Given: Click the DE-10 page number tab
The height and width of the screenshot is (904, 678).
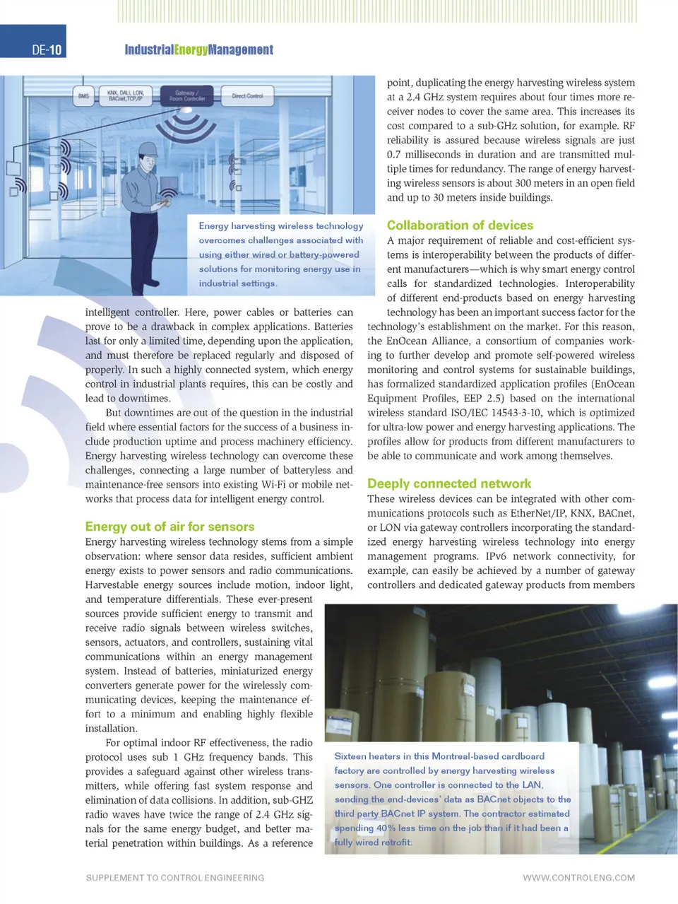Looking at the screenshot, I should [x=47, y=49].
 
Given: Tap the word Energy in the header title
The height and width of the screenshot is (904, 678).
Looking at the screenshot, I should [x=191, y=49].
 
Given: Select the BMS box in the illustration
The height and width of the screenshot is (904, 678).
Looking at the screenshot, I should [x=83, y=96].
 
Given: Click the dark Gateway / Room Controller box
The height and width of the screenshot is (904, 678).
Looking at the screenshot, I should [x=186, y=95].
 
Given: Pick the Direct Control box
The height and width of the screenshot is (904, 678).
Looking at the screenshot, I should [x=247, y=95].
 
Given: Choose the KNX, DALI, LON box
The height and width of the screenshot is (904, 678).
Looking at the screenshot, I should [x=125, y=95].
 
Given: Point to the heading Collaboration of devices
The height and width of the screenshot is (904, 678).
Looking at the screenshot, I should [x=460, y=225].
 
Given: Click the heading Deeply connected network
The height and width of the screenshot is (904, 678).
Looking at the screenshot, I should [x=448, y=483].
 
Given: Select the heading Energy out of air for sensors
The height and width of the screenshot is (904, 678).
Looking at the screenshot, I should [x=169, y=527].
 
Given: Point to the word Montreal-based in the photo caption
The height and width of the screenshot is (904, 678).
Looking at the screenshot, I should [x=465, y=756].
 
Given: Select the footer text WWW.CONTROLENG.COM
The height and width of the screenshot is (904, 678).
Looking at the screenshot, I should [x=578, y=878].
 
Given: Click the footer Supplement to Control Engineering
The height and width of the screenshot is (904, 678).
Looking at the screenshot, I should [x=174, y=878].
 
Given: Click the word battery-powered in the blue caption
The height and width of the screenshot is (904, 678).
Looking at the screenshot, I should [x=322, y=254].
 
